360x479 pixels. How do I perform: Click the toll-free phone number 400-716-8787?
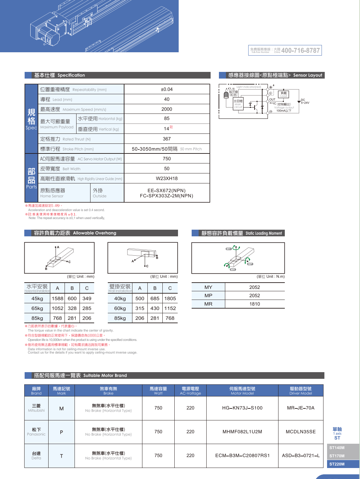pos(300,51)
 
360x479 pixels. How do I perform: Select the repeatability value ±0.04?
pos(167,89)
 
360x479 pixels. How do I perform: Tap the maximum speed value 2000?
pos(167,109)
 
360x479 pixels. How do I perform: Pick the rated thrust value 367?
pos(167,139)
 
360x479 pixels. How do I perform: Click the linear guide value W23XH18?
pos(167,178)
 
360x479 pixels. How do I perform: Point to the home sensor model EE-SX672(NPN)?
pos(167,190)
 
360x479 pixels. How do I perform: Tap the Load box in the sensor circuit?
pos(284,94)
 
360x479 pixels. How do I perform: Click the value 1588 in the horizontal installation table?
pos(58,299)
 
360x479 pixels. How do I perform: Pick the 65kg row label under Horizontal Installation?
pos(37,308)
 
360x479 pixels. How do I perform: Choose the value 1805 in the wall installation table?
pos(170,299)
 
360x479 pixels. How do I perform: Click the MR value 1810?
pos(255,304)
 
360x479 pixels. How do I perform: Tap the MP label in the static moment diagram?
pos(250,264)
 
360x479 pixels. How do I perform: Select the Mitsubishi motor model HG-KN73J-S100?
pos(242,408)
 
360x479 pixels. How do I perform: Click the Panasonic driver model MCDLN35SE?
pos(301,432)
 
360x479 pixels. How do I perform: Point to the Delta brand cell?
pos(37,455)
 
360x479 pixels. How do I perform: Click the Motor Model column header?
pos(242,390)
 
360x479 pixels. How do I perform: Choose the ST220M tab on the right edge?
pos(337,464)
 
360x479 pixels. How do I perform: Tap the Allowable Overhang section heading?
pos(75,233)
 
